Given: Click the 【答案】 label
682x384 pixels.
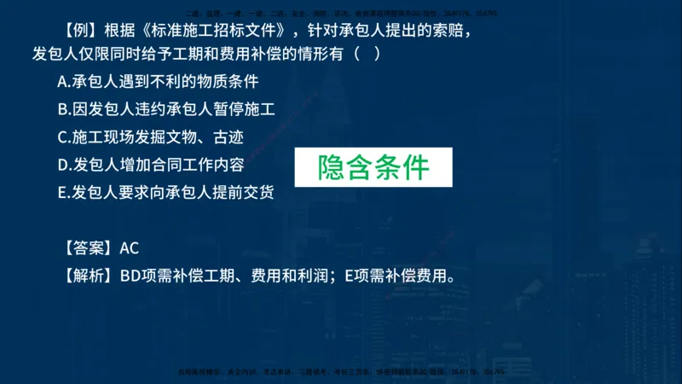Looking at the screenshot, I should [x=88, y=248].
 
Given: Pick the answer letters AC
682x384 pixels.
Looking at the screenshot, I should [x=130, y=248].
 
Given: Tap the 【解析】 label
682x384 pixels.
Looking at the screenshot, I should [x=88, y=276].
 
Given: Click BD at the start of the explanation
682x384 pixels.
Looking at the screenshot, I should [x=130, y=276].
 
